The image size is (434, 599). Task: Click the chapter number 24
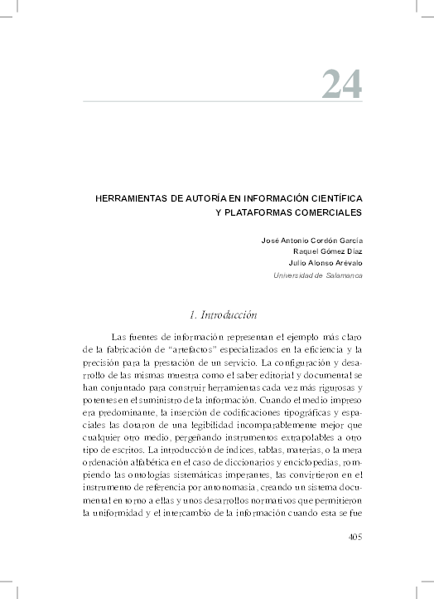pyautogui.click(x=341, y=83)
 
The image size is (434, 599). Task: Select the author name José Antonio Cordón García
pyautogui.click(x=312, y=240)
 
